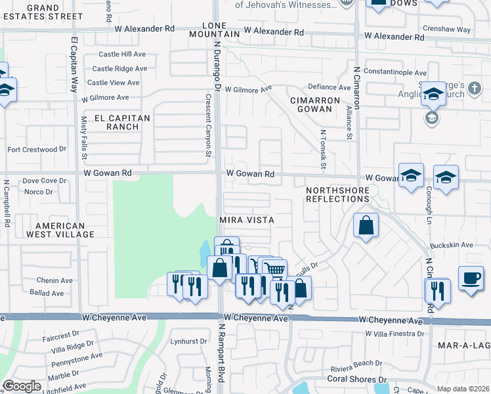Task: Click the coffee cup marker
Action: tap(470, 278)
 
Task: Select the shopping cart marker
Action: tap(275, 269)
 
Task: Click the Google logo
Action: tap(22, 386)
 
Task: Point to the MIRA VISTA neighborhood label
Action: tap(246, 219)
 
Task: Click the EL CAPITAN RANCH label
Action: tap(122, 122)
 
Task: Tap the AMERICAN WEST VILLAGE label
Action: tap(56, 229)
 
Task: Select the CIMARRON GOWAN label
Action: tap(315, 105)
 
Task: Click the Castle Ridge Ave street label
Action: tap(119, 68)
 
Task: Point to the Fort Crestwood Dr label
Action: tap(37, 150)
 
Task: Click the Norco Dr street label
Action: tap(38, 192)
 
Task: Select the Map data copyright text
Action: tap(463, 389)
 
